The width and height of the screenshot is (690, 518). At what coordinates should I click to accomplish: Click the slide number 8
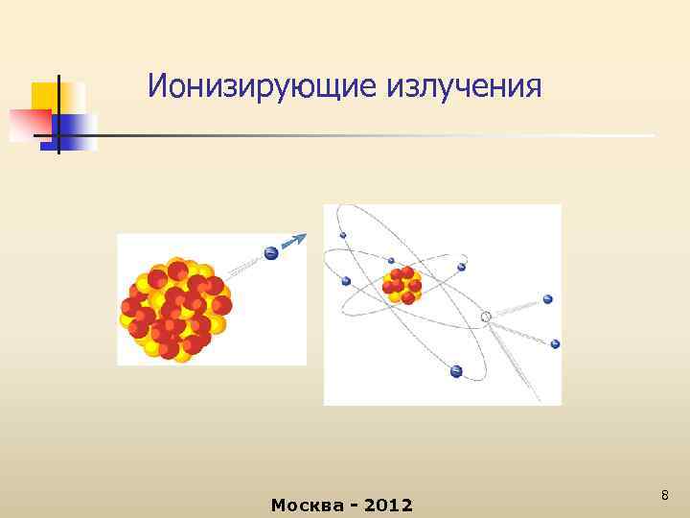(664, 495)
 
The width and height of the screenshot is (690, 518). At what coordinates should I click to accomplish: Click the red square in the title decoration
(29, 124)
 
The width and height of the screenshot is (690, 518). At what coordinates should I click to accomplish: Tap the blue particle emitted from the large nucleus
(271, 254)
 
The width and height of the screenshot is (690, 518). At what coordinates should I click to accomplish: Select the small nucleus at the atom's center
(402, 284)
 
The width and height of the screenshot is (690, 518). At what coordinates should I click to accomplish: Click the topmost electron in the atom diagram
(343, 235)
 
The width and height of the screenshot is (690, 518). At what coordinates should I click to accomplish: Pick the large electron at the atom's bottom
(456, 371)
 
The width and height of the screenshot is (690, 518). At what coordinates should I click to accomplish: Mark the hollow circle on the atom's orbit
(486, 317)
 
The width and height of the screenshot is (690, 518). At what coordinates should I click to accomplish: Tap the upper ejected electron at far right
(548, 299)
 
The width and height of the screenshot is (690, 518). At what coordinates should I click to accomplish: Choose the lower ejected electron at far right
(555, 343)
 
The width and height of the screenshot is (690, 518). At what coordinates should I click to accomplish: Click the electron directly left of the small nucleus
(346, 281)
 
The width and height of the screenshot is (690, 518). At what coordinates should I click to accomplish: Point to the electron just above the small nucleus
(391, 260)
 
